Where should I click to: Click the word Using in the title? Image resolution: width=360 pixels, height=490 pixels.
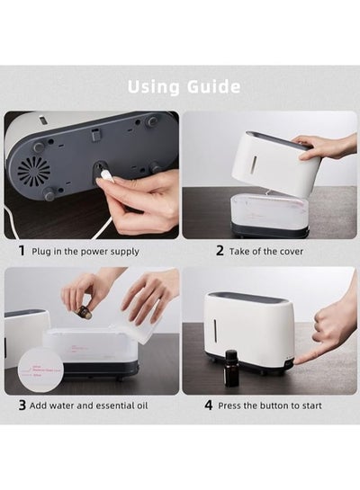coord(153,87)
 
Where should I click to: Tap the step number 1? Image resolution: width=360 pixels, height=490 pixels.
coord(22,251)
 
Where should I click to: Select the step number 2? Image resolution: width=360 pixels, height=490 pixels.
coord(220,251)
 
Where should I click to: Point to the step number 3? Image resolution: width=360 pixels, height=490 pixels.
coord(22,405)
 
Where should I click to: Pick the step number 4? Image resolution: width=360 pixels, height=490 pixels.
coord(209,405)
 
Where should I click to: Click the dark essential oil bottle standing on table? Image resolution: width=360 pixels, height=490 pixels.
coord(230,366)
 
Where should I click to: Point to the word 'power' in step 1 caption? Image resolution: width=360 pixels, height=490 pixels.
coord(91,252)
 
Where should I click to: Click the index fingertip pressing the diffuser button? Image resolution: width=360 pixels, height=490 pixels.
coord(297,361)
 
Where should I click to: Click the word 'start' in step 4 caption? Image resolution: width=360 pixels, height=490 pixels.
coord(311,405)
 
